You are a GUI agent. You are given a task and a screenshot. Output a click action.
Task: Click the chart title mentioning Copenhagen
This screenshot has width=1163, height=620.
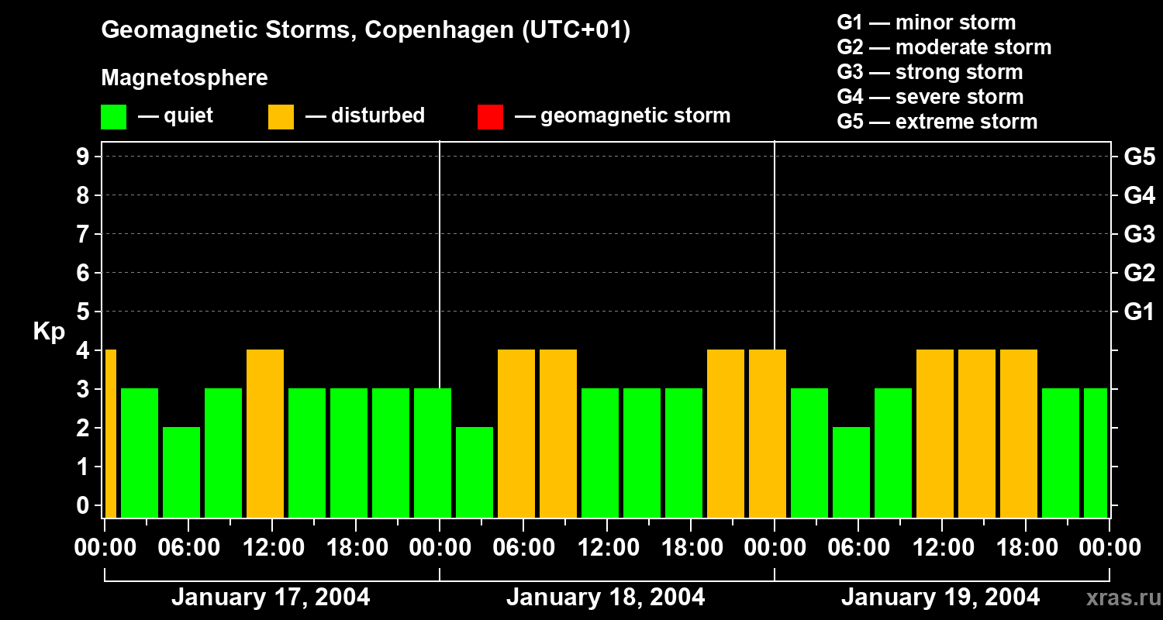click(365, 30)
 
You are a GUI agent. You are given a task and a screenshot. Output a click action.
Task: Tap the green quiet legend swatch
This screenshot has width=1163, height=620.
click(114, 116)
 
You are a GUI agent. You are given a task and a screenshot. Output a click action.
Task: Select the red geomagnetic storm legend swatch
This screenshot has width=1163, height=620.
click(490, 116)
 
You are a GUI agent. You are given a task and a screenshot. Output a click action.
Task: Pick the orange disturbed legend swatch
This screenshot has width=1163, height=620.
click(281, 116)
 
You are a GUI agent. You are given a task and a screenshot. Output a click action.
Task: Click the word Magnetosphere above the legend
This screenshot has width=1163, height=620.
click(185, 78)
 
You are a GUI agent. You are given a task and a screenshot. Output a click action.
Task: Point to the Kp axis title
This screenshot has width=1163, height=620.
click(49, 331)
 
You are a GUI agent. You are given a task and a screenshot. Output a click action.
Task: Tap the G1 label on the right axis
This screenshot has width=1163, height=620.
click(1138, 312)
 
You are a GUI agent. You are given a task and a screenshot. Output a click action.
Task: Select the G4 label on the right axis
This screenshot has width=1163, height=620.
click(1138, 196)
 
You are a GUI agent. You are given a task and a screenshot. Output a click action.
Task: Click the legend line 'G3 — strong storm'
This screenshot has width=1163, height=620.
click(930, 72)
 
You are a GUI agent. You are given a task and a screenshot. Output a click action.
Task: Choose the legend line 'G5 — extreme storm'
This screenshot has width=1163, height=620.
click(937, 122)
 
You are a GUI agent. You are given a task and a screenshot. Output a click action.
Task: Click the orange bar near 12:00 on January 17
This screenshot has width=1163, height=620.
click(265, 433)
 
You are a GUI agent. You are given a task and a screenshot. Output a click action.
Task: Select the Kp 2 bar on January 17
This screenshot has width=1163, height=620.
click(181, 472)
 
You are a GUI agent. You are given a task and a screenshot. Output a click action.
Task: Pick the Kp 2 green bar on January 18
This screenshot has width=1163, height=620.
click(475, 472)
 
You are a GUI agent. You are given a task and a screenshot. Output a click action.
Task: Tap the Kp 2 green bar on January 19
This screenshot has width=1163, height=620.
click(851, 472)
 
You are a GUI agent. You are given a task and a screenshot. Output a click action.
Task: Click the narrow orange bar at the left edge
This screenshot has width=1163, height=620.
click(110, 433)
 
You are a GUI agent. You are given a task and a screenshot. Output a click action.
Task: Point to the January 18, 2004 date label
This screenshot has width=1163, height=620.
click(606, 598)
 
